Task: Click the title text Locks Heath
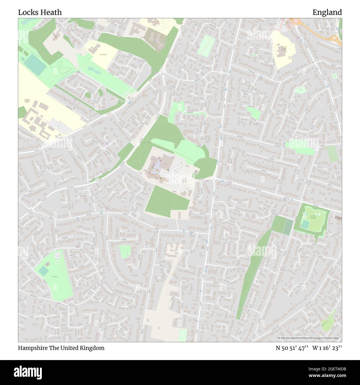(40, 12)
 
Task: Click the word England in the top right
(327, 12)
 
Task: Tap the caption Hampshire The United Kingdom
(61, 348)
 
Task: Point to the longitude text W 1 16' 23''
(327, 348)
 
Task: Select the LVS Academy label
(103, 55)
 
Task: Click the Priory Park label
(55, 276)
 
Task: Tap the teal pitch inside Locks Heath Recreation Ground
(305, 224)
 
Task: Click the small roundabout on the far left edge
(31, 211)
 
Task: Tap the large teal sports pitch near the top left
(35, 64)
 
